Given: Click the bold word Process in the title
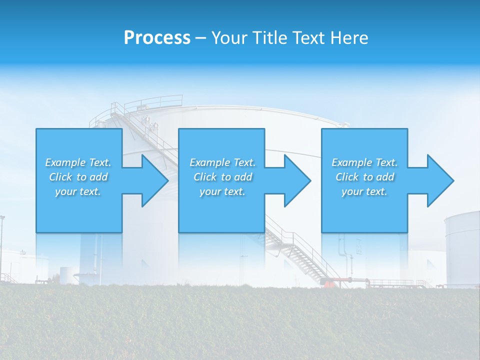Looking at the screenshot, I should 157,38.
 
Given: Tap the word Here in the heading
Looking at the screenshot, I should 349,38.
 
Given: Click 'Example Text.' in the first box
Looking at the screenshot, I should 78,162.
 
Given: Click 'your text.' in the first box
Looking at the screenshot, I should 78,191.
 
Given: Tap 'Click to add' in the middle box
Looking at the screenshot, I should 223,177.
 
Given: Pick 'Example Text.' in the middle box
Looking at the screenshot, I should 223,162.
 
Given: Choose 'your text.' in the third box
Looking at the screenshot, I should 364,191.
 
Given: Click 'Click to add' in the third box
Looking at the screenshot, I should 364,177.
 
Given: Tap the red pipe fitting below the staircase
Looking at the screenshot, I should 327,284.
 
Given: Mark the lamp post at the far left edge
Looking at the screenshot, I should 2,245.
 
